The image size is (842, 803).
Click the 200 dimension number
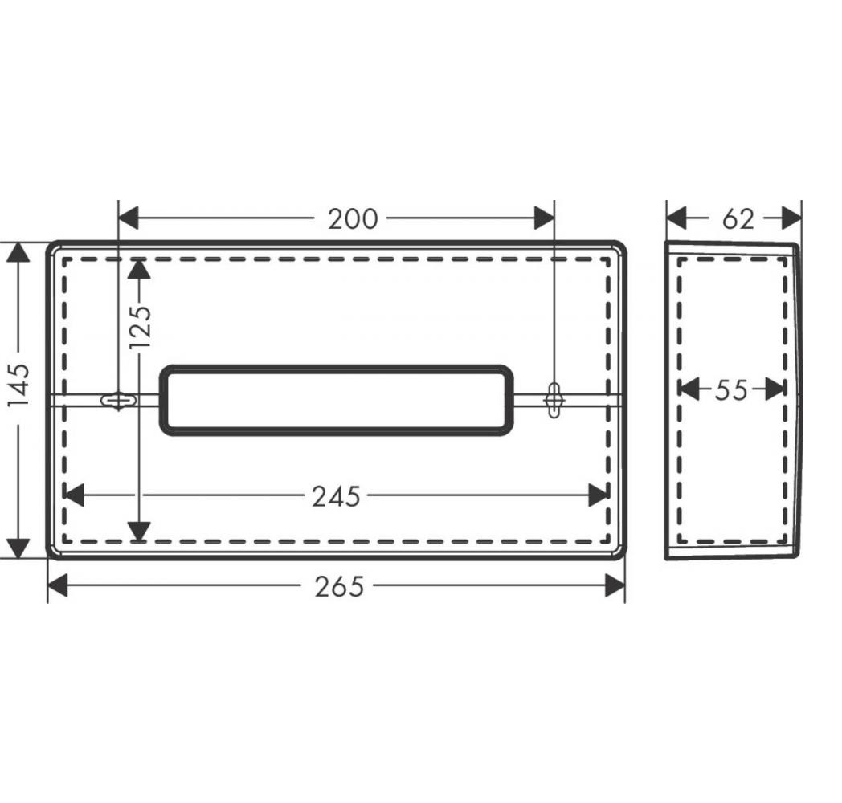click(352, 219)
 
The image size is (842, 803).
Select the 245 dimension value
click(336, 496)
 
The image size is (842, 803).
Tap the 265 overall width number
click(339, 586)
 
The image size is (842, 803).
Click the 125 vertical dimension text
click(141, 327)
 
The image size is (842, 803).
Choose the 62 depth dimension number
click(738, 219)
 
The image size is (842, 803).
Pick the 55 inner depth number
click(731, 389)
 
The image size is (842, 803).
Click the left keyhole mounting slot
click(119, 400)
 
